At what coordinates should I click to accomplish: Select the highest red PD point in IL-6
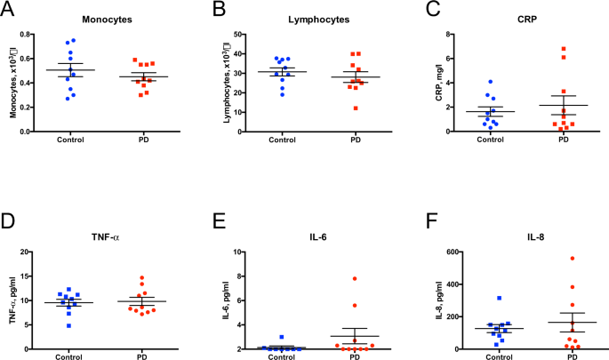[x=354, y=279]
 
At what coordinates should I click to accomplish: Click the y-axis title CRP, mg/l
[x=439, y=84]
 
